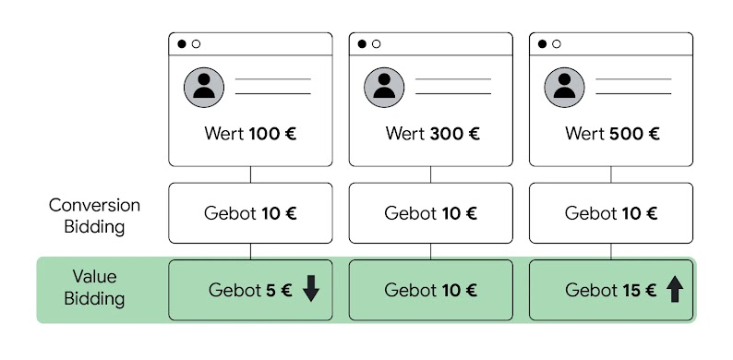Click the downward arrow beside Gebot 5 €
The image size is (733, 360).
pos(310,290)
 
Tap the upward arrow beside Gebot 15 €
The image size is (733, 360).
pos(675,290)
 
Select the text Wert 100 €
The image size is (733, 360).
pos(249,133)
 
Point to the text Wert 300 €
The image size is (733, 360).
pos(431,133)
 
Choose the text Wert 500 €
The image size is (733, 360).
pos(612,133)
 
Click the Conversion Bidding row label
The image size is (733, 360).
pos(95,214)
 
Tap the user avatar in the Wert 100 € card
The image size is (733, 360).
pos(204,87)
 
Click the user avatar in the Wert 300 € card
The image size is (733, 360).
pos(385,87)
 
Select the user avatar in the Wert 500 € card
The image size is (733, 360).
pos(566,87)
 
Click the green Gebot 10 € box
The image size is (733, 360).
pos(430,290)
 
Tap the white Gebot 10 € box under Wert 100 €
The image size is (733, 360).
pos(249,213)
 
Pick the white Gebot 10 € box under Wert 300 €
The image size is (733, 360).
pos(430,213)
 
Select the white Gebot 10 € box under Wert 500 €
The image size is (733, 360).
pos(611,213)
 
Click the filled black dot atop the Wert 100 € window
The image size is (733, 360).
pos(182,43)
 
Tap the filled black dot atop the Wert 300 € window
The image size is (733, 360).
pos(363,43)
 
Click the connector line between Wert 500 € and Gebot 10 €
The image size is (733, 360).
pos(612,174)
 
